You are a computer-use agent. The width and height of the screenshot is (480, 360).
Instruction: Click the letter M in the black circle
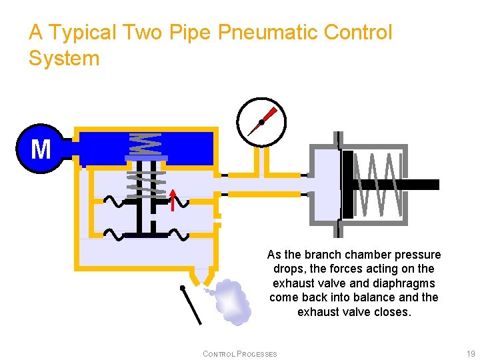click(41, 149)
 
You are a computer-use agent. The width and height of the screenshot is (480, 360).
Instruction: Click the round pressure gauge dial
click(261, 121)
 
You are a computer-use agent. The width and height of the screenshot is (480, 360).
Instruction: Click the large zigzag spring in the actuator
click(378, 185)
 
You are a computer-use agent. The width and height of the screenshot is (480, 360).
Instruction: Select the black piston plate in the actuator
click(347, 185)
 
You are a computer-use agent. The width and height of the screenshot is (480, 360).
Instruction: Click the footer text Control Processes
click(239, 353)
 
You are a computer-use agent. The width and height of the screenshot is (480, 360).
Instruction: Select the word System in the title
click(64, 58)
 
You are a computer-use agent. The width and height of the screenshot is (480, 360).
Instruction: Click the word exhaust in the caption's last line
click(318, 311)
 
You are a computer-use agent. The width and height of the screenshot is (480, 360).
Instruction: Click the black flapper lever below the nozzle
click(191, 305)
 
